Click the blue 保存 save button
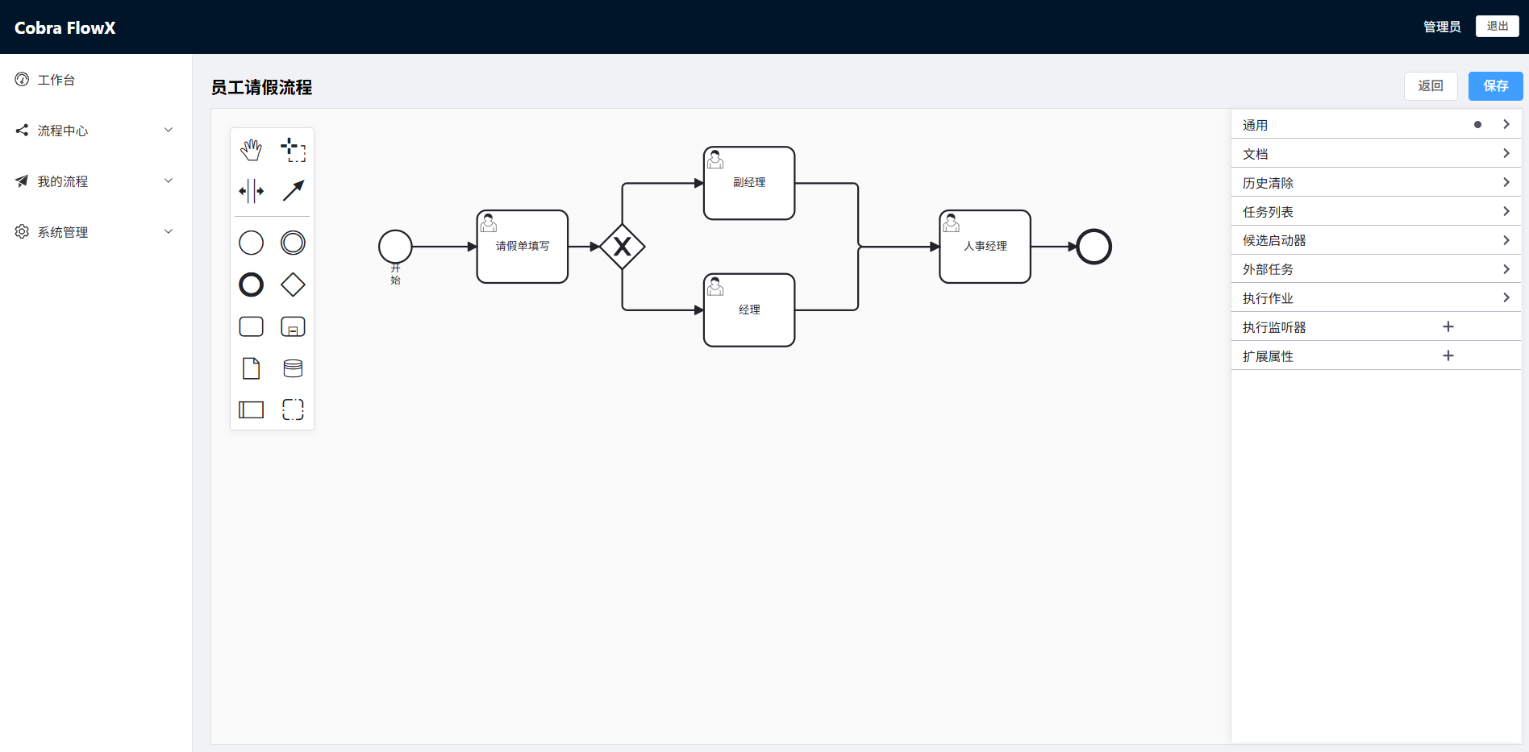pos(1495,86)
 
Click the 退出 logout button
pos(1497,27)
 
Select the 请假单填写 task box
pos(523,247)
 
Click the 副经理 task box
pos(749,183)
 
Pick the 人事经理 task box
pos(985,247)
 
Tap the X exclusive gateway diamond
pos(623,247)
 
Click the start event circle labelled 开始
pos(395,247)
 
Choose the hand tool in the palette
pos(252,149)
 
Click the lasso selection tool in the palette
pos(293,150)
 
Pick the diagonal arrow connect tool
pos(293,191)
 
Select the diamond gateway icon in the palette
pos(293,285)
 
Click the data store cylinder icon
pos(293,368)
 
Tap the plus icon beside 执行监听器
pos(1448,326)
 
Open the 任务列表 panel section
pos(1376,212)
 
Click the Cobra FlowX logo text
pos(65,27)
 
